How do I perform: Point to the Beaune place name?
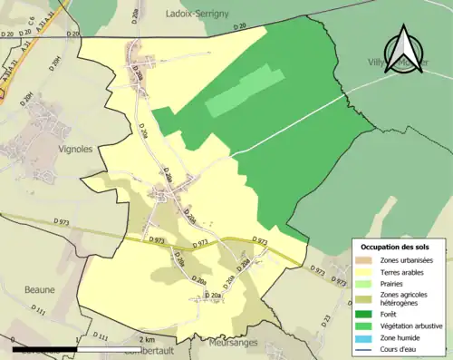(40, 290)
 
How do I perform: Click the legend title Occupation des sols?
(399, 248)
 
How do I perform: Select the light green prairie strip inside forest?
(238, 91)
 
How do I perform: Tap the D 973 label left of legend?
(319, 270)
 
